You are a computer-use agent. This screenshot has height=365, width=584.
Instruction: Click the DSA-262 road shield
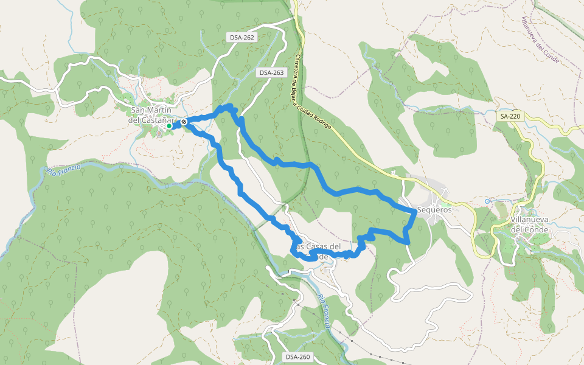point(242,38)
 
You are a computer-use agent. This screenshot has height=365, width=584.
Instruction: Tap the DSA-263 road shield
point(271,72)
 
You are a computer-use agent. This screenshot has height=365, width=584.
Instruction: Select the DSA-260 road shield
point(297,356)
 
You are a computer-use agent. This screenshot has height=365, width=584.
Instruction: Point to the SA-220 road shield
point(509,116)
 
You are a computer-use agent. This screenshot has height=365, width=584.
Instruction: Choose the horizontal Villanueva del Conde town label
point(529,224)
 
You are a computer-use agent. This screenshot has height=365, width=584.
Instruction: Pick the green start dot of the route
point(169,126)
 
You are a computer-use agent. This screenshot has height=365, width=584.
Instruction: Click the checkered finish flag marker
point(183,122)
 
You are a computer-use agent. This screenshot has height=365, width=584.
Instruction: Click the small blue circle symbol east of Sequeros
point(487,201)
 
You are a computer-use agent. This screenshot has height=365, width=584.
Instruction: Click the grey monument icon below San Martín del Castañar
point(159,134)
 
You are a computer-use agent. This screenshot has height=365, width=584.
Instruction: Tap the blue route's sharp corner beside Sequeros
point(415,210)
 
